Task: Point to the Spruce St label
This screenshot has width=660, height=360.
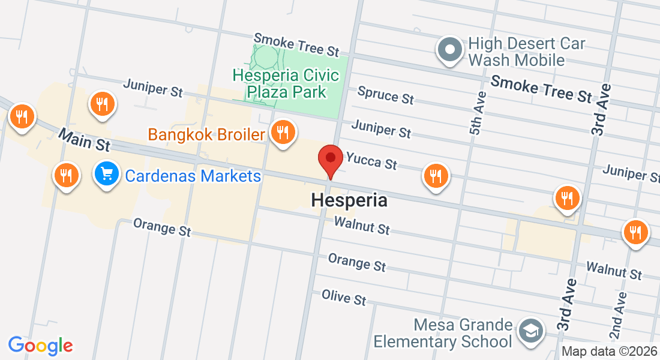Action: point(386,95)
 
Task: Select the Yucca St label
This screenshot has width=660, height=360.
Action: point(371,160)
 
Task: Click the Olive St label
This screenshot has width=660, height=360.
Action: point(344,297)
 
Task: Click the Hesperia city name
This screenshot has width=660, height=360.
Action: point(349,200)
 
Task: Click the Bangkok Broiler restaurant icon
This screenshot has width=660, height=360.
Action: point(282,133)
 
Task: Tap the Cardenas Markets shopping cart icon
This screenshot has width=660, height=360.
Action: point(107,175)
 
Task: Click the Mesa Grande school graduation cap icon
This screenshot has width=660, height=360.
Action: point(531,331)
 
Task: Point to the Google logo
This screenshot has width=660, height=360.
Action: point(40,346)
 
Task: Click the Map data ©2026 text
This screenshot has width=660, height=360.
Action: point(609,352)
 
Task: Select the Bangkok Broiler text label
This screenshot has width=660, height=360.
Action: point(206,134)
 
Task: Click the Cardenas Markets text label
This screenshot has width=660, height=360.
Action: point(193,176)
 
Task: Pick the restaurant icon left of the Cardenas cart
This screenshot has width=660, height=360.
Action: point(67,175)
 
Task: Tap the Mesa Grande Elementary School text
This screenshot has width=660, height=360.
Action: point(443,334)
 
